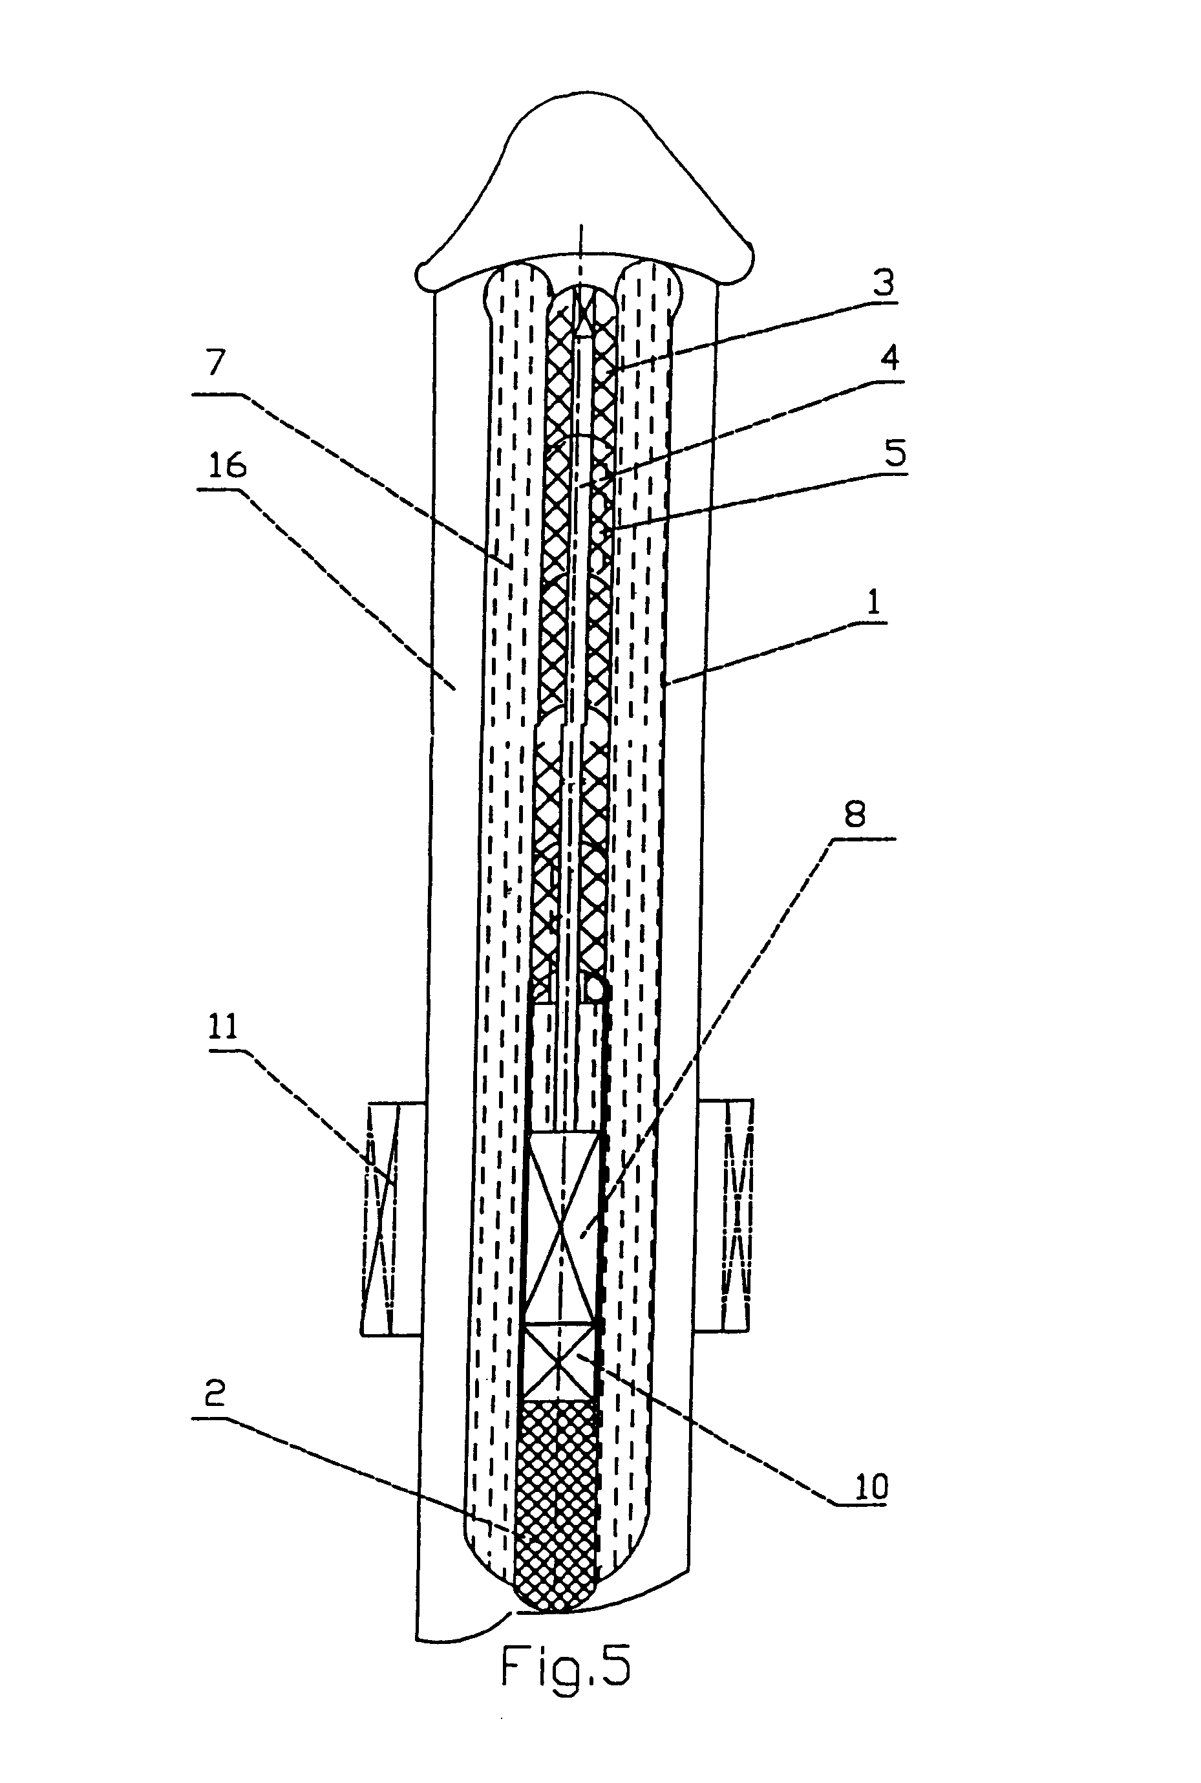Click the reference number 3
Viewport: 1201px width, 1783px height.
click(883, 283)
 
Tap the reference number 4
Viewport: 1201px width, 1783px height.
click(889, 358)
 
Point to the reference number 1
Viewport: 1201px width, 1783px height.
click(873, 602)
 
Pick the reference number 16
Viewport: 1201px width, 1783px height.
click(228, 466)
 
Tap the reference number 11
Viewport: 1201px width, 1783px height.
click(224, 1027)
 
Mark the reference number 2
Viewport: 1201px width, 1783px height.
click(215, 1392)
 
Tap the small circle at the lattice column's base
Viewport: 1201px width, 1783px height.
click(598, 991)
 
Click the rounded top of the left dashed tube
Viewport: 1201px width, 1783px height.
click(518, 283)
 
